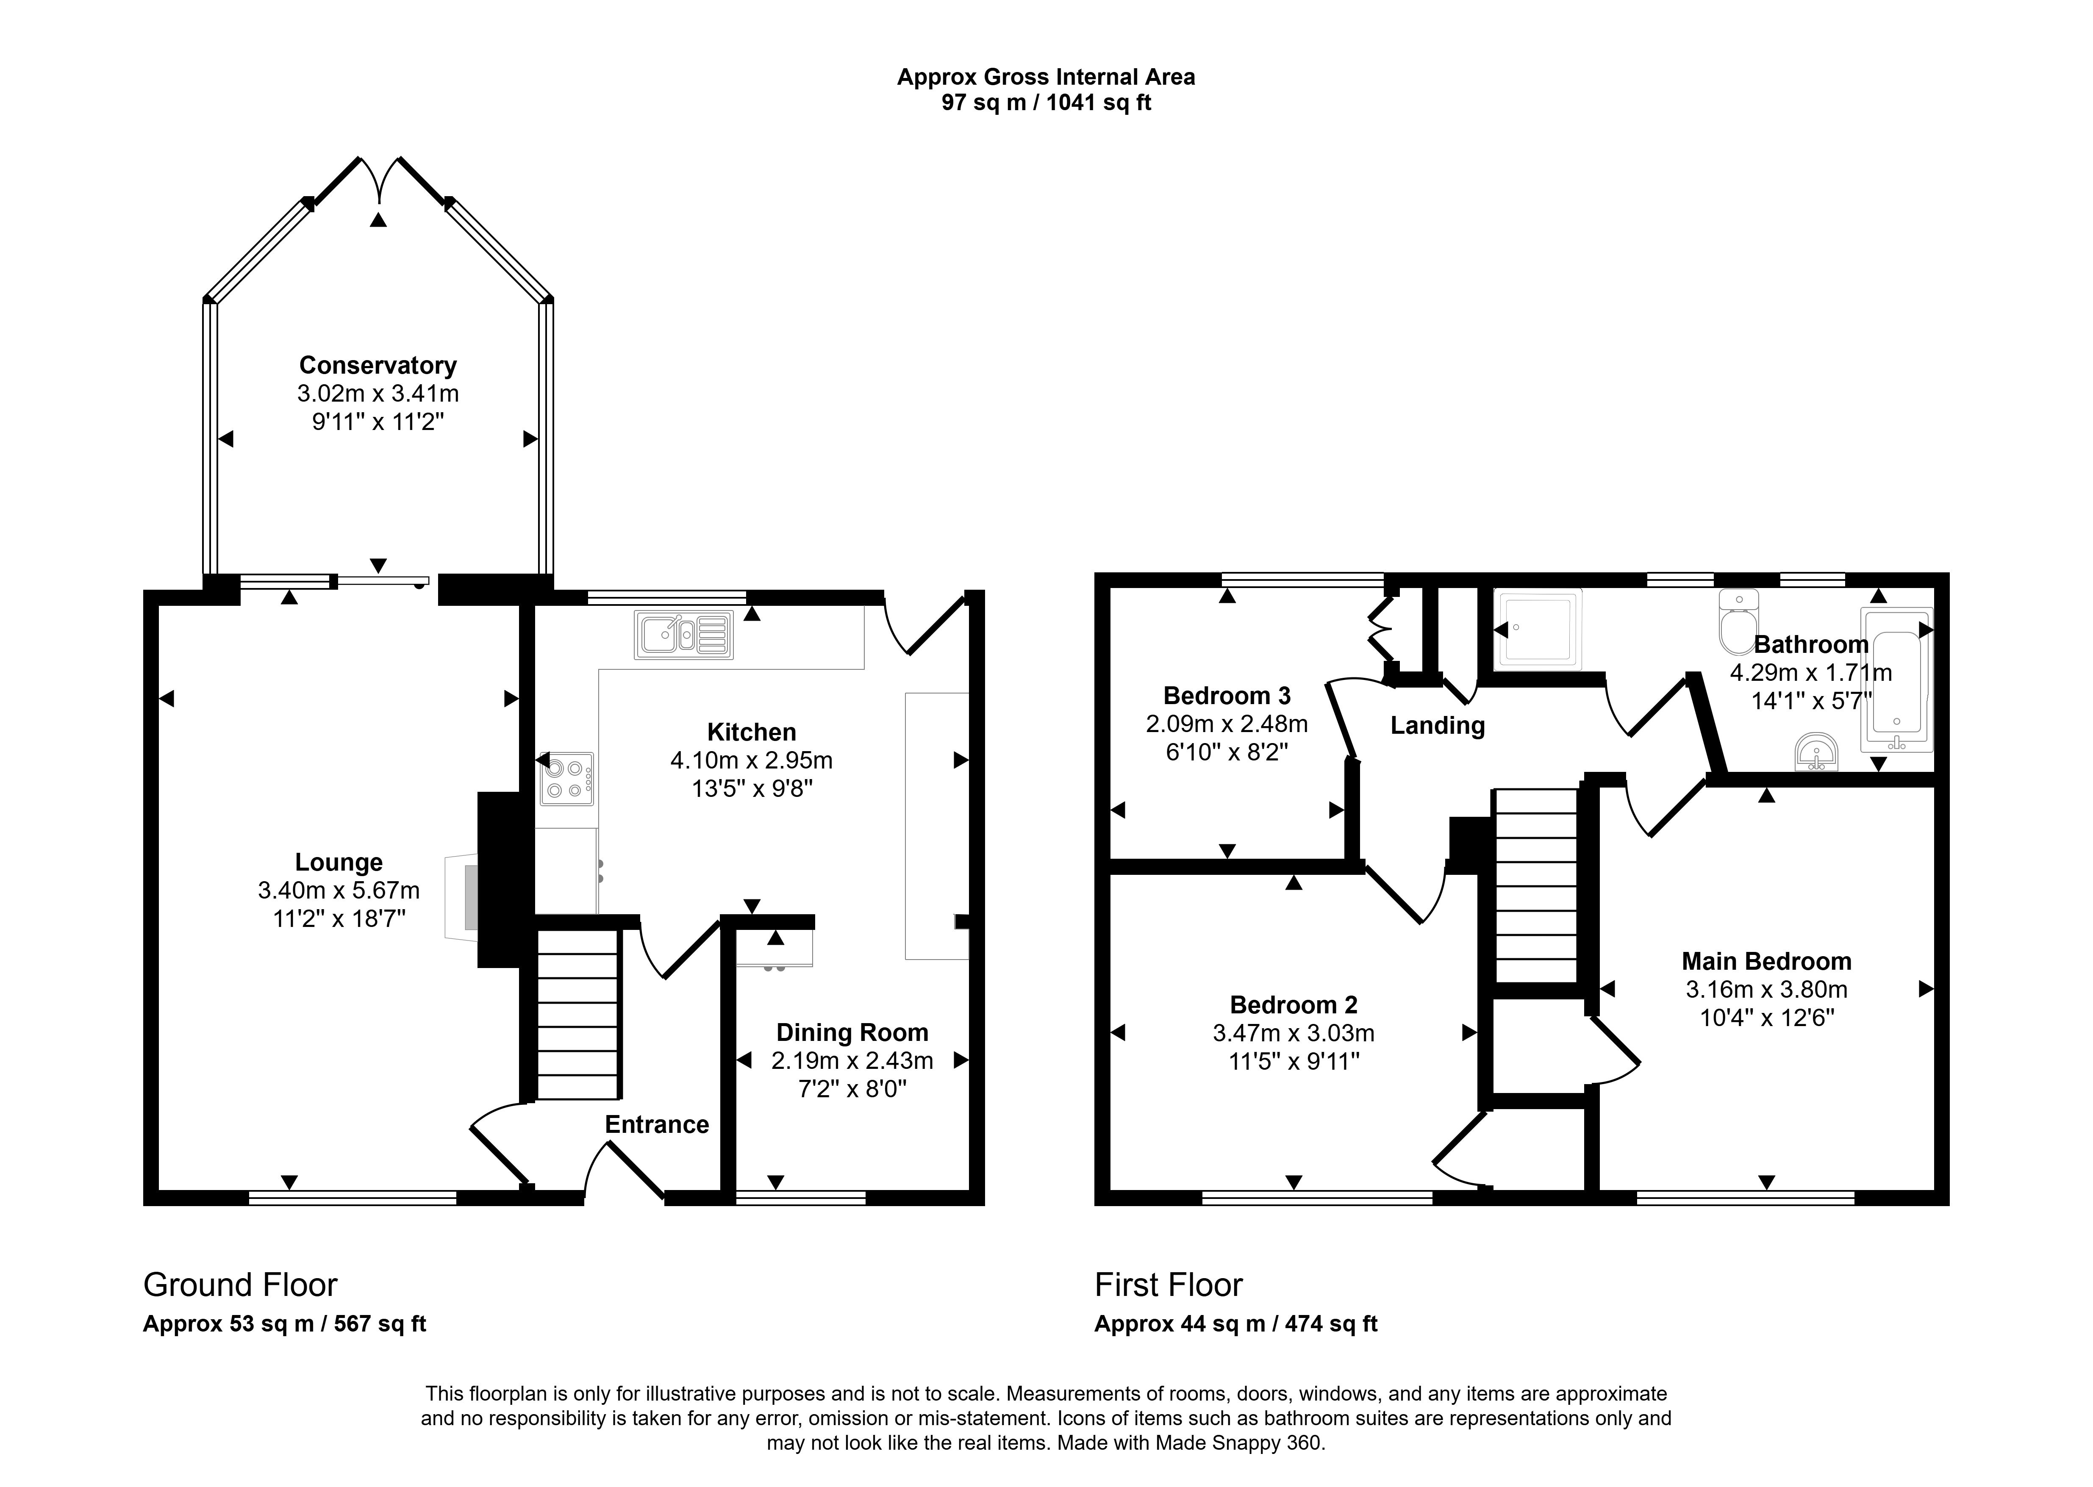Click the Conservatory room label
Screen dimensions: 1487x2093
click(x=377, y=365)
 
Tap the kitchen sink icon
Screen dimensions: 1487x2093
click(x=683, y=634)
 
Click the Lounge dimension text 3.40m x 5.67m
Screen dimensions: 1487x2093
click(x=339, y=890)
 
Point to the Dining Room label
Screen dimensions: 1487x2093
click(x=852, y=1033)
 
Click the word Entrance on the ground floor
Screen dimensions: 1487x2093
click(x=656, y=1124)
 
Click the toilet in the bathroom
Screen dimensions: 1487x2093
click(x=1738, y=623)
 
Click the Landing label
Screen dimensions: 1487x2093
click(x=1437, y=726)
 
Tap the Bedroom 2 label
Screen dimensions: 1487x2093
click(x=1293, y=1005)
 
